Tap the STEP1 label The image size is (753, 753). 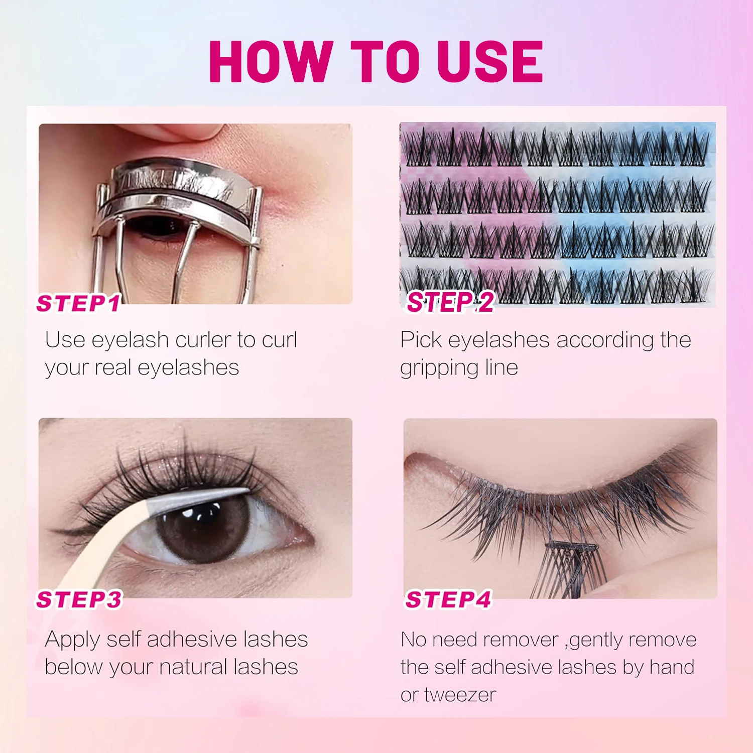pos(78,304)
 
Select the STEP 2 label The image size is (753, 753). pos(450,302)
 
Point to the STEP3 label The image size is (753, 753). pos(79,599)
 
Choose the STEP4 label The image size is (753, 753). pos(448,599)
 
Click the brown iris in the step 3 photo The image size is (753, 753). pos(201,527)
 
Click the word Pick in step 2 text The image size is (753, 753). pos(421,340)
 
